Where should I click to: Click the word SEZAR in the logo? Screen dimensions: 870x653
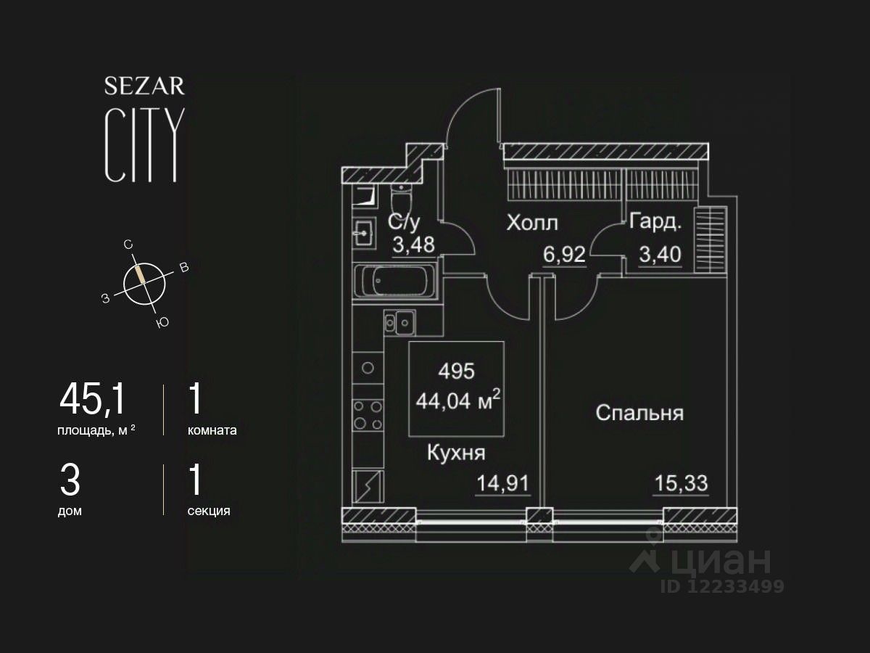pyautogui.click(x=144, y=86)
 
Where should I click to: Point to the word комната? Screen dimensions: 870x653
pyautogui.click(x=212, y=430)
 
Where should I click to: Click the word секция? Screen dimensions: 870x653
pyautogui.click(x=209, y=511)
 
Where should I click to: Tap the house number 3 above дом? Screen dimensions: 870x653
pyautogui.click(x=69, y=480)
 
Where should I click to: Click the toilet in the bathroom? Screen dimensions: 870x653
pyautogui.click(x=400, y=199)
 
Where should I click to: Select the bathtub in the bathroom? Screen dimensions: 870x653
pyautogui.click(x=396, y=282)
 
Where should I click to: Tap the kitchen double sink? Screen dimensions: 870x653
pyautogui.click(x=398, y=321)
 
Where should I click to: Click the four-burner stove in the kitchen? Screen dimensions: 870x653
pyautogui.click(x=368, y=416)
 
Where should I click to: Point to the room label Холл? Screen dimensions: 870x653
pyautogui.click(x=532, y=222)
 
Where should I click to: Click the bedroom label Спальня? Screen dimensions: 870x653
pyautogui.click(x=639, y=413)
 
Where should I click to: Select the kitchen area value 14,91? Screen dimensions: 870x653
pyautogui.click(x=502, y=482)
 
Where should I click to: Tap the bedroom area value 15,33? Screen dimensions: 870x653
pyautogui.click(x=681, y=482)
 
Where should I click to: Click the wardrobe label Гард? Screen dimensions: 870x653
pyautogui.click(x=655, y=222)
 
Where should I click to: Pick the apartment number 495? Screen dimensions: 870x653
pyautogui.click(x=457, y=371)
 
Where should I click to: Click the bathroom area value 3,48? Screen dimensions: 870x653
pyautogui.click(x=413, y=245)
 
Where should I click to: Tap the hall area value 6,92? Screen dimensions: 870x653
pyautogui.click(x=564, y=255)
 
